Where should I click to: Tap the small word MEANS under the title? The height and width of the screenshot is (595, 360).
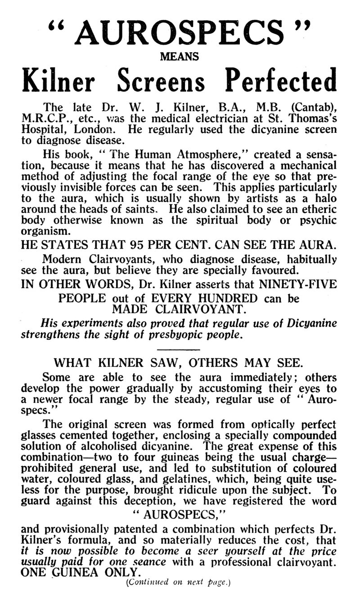coord(180,57)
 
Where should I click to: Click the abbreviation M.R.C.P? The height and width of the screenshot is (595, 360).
coord(43,119)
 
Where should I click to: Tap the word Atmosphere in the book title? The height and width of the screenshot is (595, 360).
coord(159,154)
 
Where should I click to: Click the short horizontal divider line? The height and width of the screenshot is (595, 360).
coord(180,349)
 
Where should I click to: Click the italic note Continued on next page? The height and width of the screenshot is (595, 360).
coord(179,582)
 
